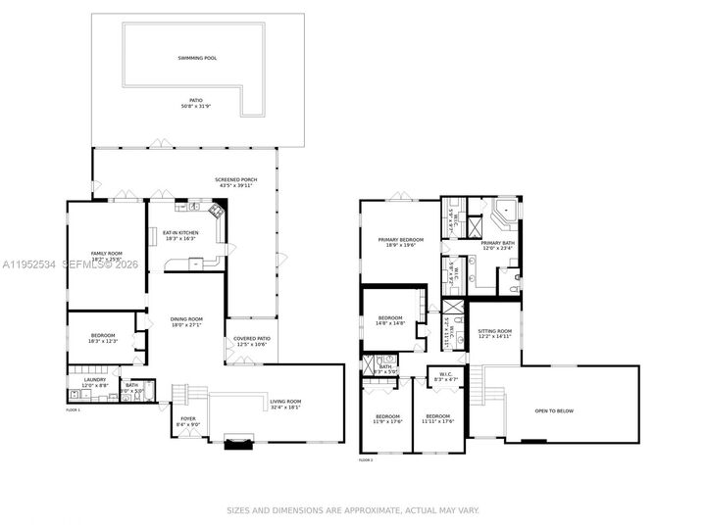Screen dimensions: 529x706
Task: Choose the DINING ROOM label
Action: point(186,321)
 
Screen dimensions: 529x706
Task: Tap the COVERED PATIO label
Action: point(252,342)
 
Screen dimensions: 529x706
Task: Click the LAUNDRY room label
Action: point(94,383)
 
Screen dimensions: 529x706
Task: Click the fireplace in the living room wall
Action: point(238,443)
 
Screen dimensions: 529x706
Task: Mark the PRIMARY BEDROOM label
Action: point(402,242)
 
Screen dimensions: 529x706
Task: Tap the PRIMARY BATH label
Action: point(497,245)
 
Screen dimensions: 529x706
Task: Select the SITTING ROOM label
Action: point(495,334)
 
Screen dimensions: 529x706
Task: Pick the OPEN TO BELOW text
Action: point(554,410)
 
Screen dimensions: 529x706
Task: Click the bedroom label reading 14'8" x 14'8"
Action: point(391,320)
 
